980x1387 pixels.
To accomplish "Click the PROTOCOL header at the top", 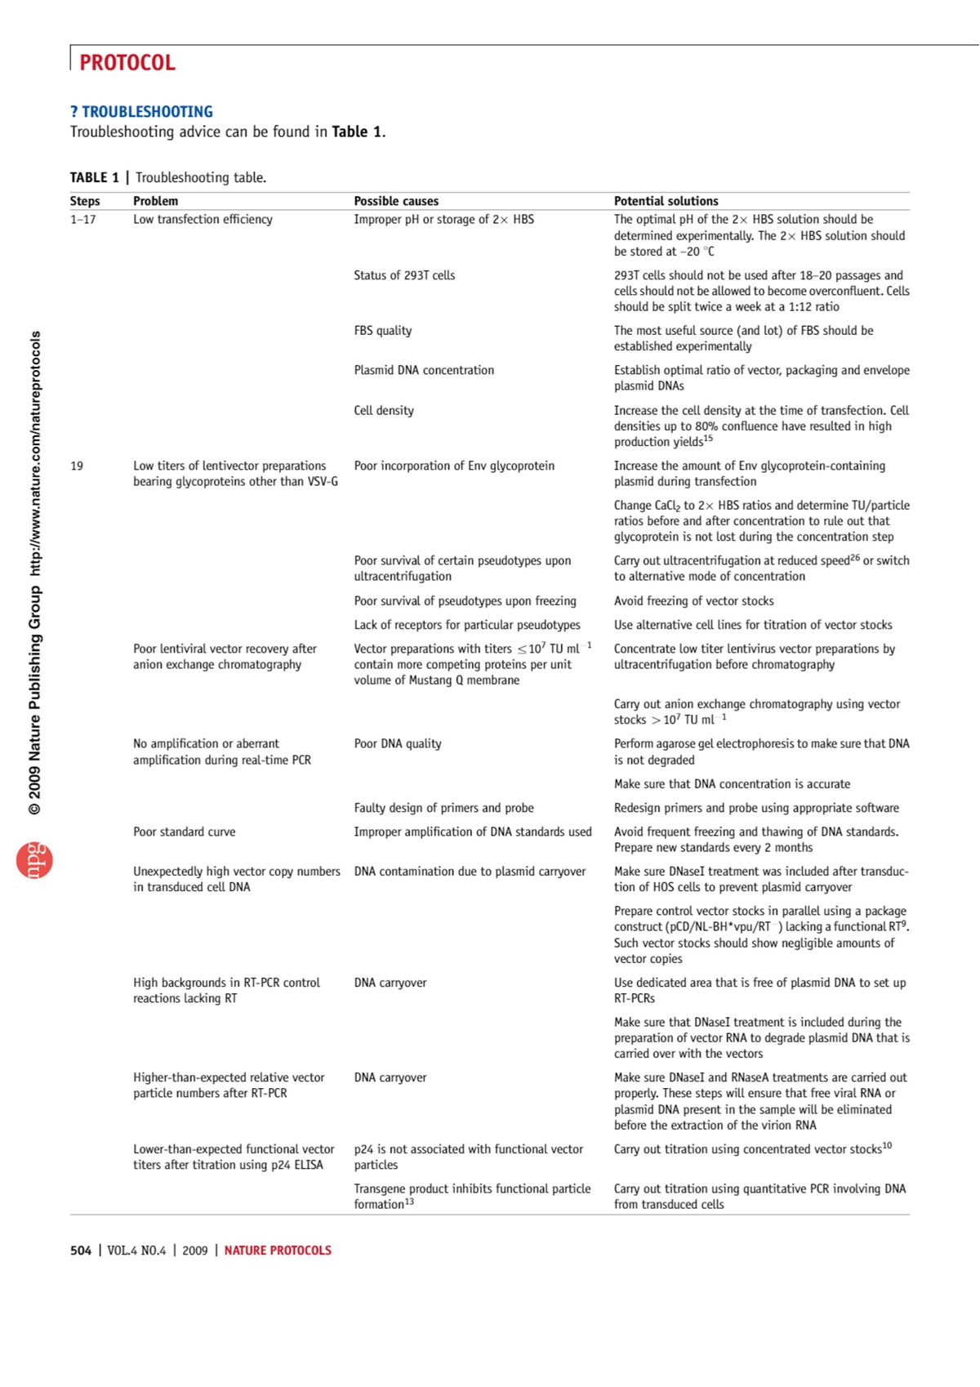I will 127,63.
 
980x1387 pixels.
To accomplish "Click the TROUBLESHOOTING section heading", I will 141,112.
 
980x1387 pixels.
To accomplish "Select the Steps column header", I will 85,201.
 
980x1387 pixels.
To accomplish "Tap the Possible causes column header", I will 396,201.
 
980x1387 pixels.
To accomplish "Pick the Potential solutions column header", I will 666,201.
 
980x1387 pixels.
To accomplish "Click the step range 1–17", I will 82,220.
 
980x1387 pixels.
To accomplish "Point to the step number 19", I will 77,466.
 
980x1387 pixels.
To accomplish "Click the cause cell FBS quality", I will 382,331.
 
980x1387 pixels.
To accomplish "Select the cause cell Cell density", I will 384,411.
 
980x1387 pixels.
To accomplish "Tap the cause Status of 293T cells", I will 404,275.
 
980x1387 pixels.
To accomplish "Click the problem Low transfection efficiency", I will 203,220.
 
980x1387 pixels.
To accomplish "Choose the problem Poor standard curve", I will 184,832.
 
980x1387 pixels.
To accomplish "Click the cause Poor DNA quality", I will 397,744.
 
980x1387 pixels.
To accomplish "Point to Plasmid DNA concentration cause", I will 424,371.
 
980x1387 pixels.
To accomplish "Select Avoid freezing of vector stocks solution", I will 693,601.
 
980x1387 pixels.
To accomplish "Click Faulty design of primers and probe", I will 443,808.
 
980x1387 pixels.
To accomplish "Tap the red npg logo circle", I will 34,860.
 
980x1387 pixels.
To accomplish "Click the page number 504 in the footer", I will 81,1251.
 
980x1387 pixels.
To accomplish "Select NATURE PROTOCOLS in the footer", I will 278,1251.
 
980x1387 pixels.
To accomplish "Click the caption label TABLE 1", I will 94,178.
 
